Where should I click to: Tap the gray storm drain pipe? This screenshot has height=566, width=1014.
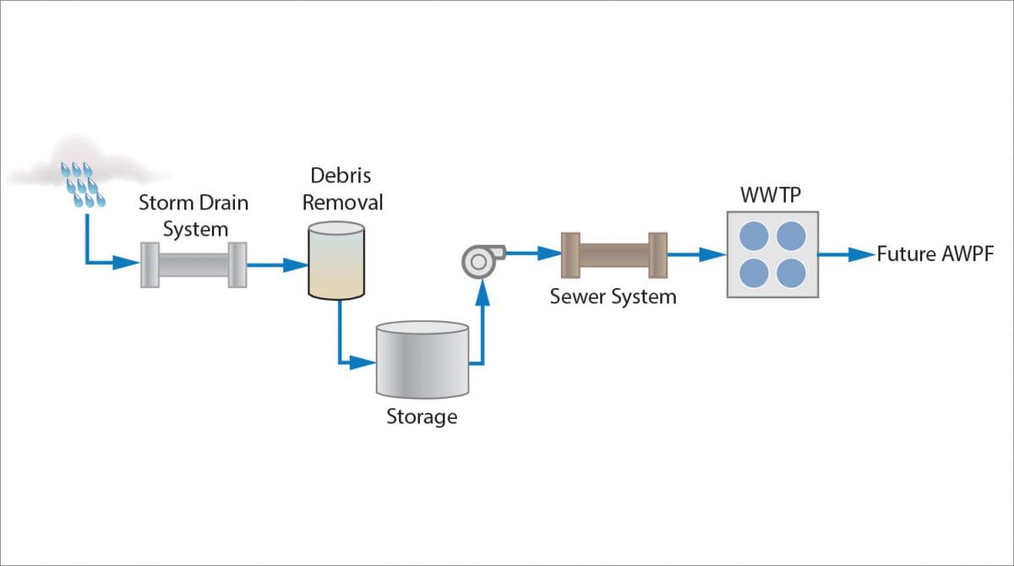pos(193,264)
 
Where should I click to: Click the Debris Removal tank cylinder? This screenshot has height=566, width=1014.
pos(336,261)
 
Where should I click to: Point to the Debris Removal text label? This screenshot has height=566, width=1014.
pos(342,189)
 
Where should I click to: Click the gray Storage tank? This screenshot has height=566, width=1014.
pos(422,358)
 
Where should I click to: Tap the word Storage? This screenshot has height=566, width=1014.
pos(422,416)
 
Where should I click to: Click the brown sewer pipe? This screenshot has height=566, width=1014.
pos(614,253)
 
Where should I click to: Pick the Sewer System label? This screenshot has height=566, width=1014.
pos(613,297)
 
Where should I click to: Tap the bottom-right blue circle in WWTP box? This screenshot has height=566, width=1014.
pos(792,273)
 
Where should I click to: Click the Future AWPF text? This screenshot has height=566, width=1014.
pos(935,253)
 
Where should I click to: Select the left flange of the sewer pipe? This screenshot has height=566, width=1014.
pos(570,253)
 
